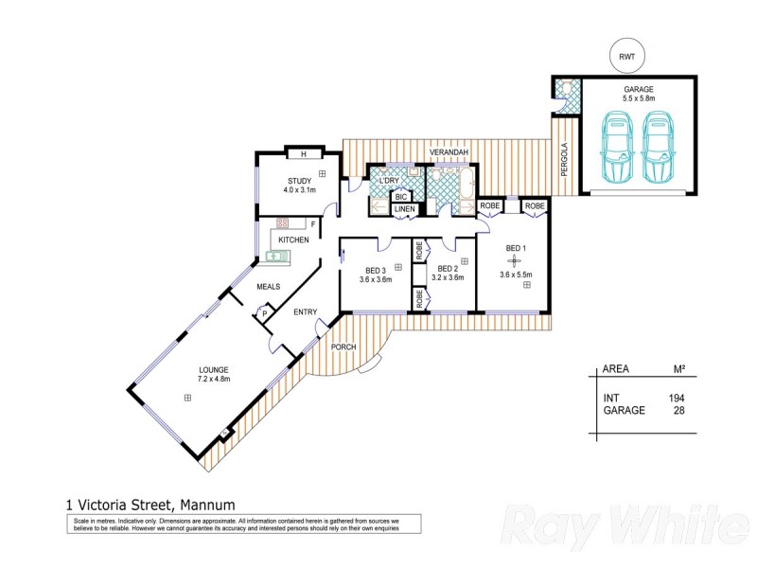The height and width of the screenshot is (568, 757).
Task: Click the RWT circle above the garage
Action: point(626,56)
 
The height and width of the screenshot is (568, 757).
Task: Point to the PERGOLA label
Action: point(565,157)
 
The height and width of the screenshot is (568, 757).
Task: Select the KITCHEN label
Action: point(294,240)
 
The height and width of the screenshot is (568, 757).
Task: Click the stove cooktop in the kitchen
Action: point(282,224)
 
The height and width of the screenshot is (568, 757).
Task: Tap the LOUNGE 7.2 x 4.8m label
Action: point(214,374)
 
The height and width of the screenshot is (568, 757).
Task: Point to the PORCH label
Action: point(343,347)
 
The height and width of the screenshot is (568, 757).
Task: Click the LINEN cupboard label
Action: point(405,208)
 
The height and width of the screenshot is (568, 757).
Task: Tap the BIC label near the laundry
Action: point(401,196)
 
